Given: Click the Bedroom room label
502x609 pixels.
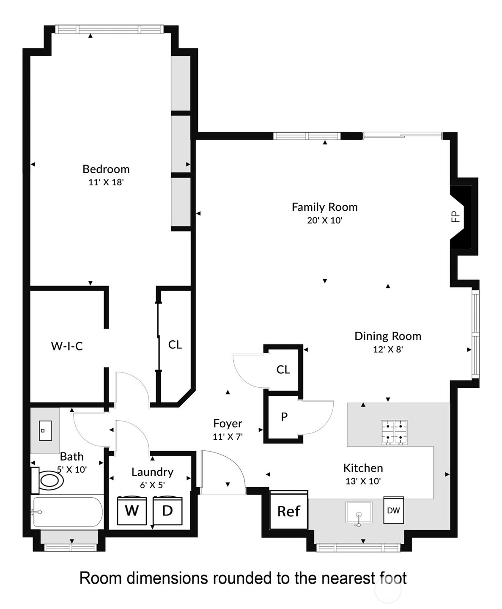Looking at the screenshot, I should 106,169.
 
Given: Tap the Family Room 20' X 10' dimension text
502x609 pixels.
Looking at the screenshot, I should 324,220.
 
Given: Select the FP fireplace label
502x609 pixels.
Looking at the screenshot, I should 455,217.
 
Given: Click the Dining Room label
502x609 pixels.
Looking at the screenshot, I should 388,336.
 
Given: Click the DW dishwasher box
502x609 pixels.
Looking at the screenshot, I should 393,510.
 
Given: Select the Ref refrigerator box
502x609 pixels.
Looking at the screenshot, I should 289,510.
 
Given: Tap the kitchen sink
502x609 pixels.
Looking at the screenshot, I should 359,513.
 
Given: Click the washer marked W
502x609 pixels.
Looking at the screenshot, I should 132,511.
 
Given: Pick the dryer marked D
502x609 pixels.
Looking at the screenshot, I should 167,511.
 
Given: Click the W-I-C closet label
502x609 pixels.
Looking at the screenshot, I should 67,346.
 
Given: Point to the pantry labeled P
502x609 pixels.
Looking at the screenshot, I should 284,417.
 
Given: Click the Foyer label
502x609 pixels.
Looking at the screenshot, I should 228,424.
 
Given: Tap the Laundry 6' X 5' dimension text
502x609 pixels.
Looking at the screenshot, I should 152,485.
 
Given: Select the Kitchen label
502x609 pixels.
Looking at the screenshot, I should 363,468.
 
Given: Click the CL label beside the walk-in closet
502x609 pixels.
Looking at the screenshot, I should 175,345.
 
